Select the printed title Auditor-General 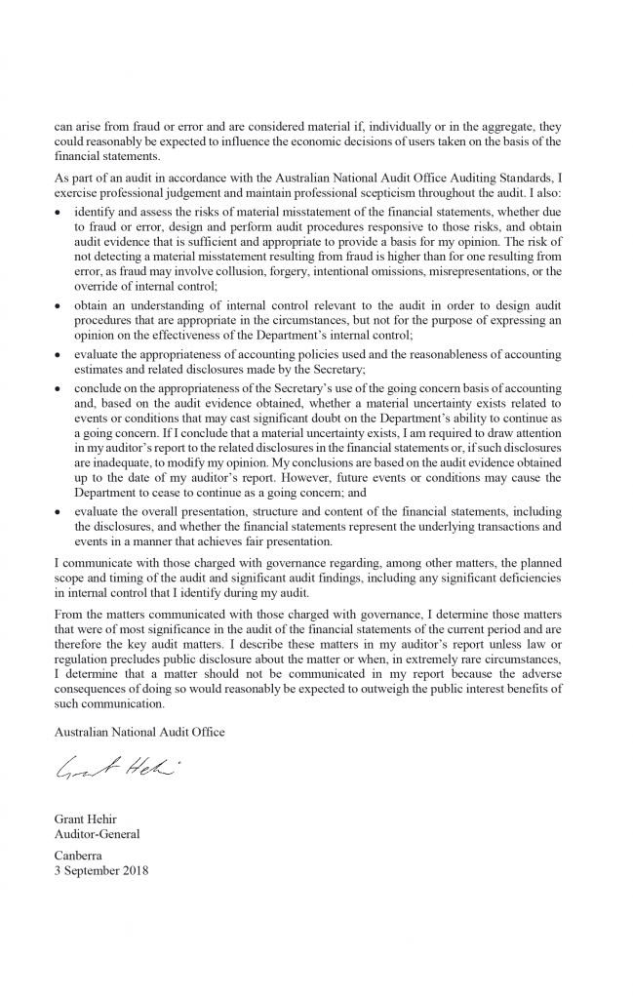click(98, 834)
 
